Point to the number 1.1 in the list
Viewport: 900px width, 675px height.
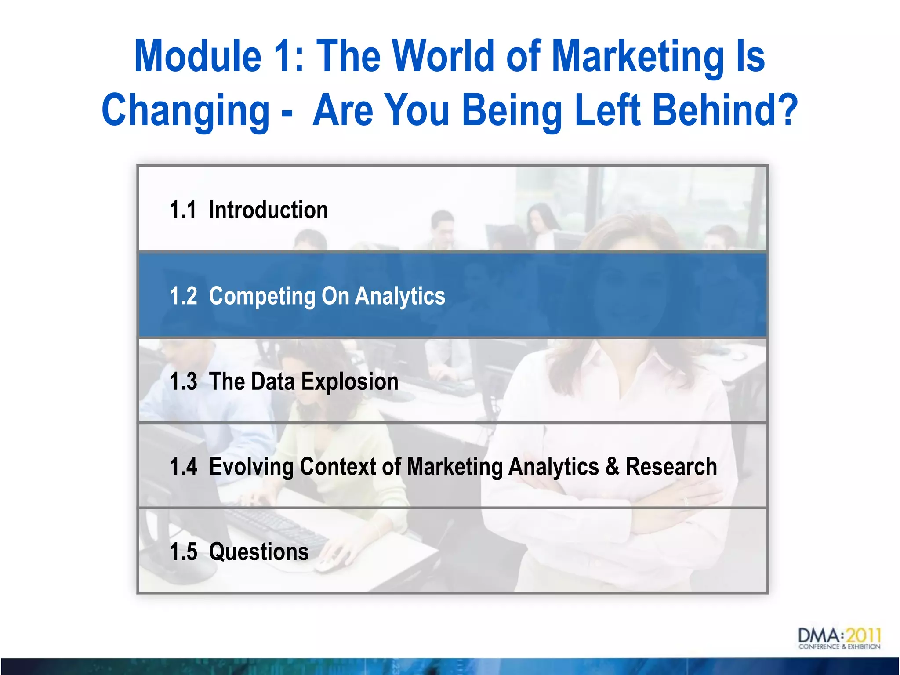click(x=183, y=210)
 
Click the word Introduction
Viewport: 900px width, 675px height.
click(x=268, y=210)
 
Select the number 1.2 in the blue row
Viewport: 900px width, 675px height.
click(x=183, y=296)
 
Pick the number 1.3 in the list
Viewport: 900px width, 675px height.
click(x=183, y=381)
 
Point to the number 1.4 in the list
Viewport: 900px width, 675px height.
click(x=183, y=467)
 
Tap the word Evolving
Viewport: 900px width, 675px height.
click(x=251, y=467)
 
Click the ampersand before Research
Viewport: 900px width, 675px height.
click(x=612, y=467)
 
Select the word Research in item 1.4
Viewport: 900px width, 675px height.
click(x=671, y=467)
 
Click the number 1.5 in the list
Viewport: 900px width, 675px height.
click(x=183, y=552)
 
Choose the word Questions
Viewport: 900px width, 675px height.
click(x=259, y=552)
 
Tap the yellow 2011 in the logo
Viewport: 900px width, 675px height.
click(x=864, y=635)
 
